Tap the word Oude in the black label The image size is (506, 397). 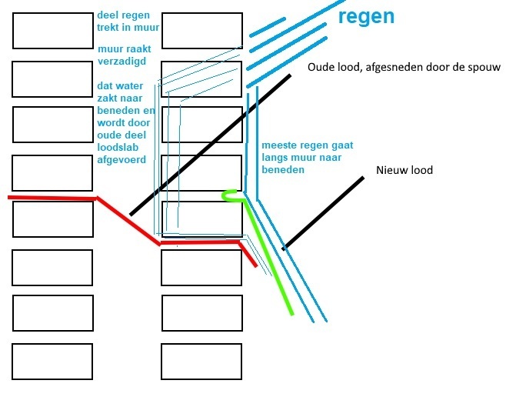click(323, 68)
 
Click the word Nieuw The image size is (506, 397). click(392, 170)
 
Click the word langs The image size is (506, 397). click(275, 157)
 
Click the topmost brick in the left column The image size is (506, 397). click(52, 30)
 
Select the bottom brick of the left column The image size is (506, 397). click(52, 362)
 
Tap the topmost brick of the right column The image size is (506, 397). click(201, 30)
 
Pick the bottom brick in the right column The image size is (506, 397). click(201, 362)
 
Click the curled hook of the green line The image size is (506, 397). click(228, 195)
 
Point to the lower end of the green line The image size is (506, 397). click(291, 313)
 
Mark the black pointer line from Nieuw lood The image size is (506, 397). click(323, 213)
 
